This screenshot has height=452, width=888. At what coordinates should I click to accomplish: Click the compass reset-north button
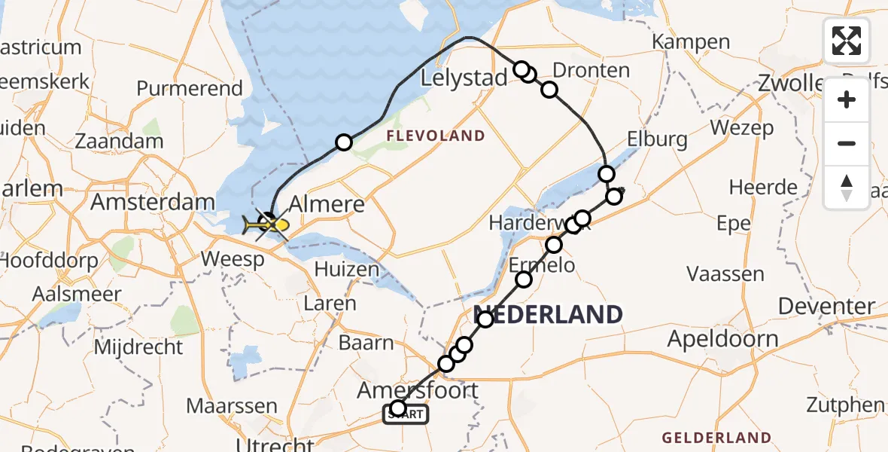tap(847, 188)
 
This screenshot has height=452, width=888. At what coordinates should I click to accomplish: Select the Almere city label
tap(333, 204)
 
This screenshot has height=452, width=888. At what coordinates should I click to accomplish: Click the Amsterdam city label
tap(153, 202)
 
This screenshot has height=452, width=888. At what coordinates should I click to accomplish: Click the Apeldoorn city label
tap(722, 338)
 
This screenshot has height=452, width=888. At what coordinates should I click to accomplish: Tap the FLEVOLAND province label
tap(436, 136)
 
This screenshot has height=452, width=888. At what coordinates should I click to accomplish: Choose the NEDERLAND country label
tap(549, 314)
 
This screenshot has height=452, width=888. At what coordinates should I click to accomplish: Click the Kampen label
tap(691, 42)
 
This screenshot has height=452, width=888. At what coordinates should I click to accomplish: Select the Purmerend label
tap(190, 88)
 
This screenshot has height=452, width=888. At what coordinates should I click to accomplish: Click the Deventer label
tap(826, 307)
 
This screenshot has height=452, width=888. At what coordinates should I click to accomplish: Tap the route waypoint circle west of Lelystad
tap(344, 142)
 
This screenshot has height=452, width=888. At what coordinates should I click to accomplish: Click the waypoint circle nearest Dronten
tap(549, 90)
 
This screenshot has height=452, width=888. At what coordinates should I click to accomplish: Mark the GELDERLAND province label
tap(716, 438)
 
